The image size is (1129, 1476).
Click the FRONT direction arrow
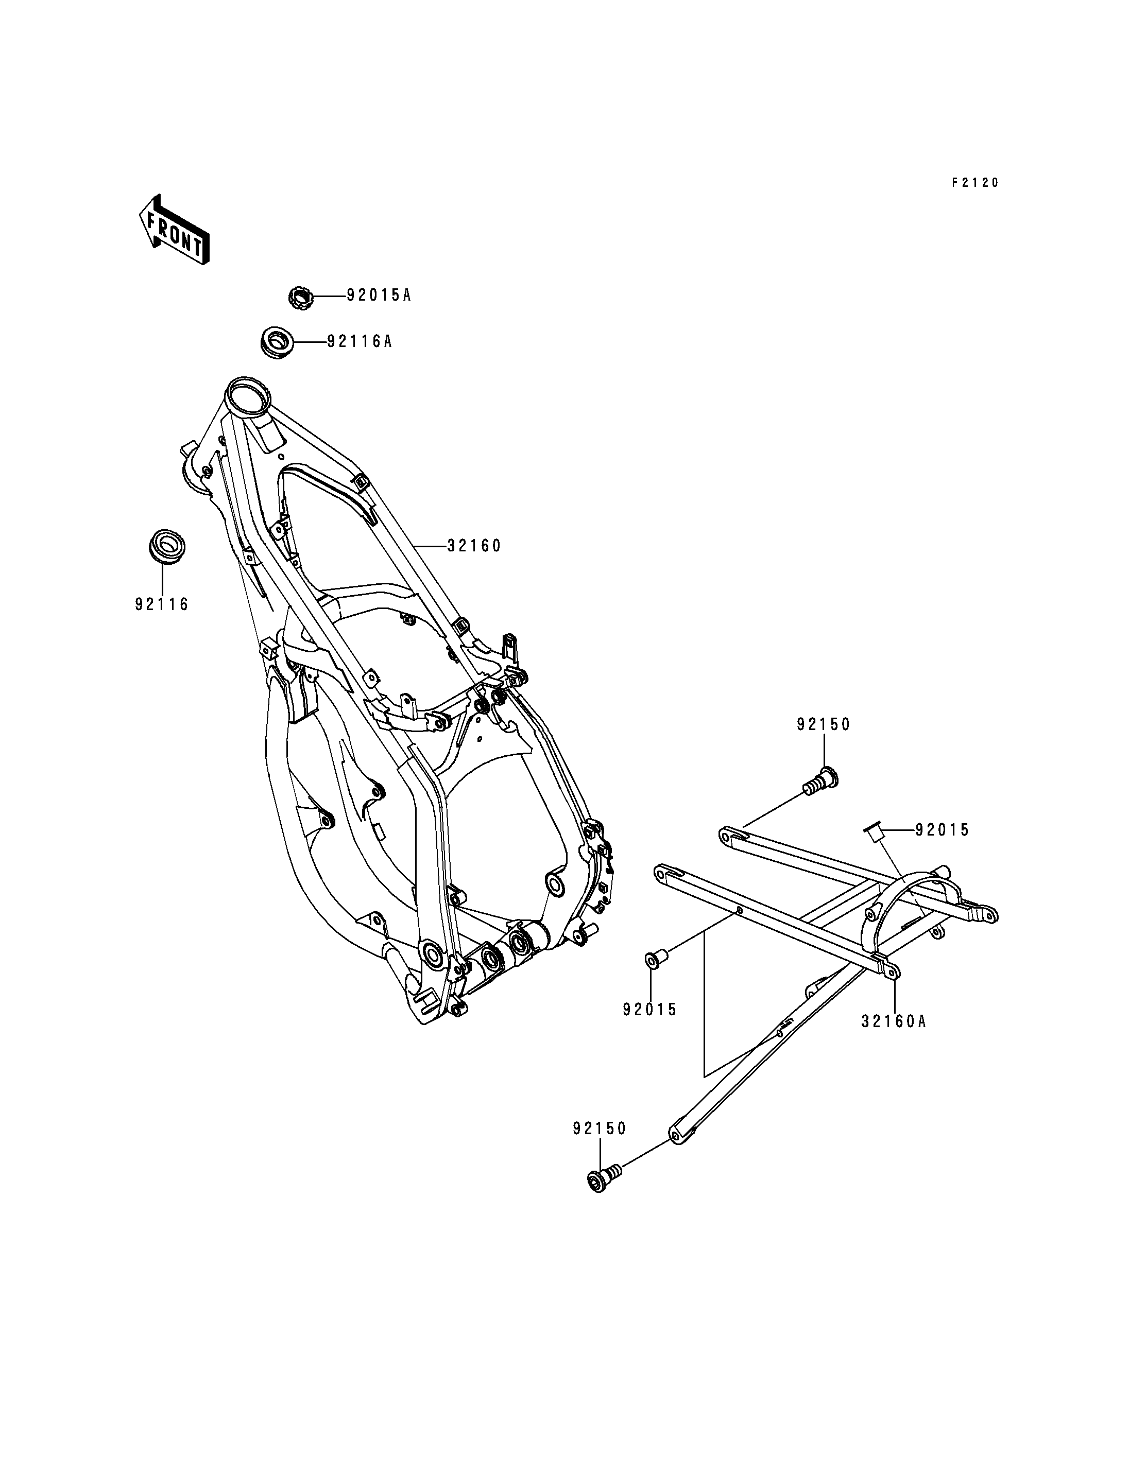tap(174, 229)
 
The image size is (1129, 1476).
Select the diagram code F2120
tap(974, 182)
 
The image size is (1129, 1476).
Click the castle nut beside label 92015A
tap(300, 297)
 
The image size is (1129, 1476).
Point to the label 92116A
tap(359, 342)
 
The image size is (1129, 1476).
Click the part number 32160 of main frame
tap(474, 546)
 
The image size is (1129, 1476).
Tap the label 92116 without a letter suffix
tap(162, 604)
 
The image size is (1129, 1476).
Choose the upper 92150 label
tap(824, 725)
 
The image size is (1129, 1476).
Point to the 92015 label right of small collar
tap(942, 830)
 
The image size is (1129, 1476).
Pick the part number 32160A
tap(894, 1022)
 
